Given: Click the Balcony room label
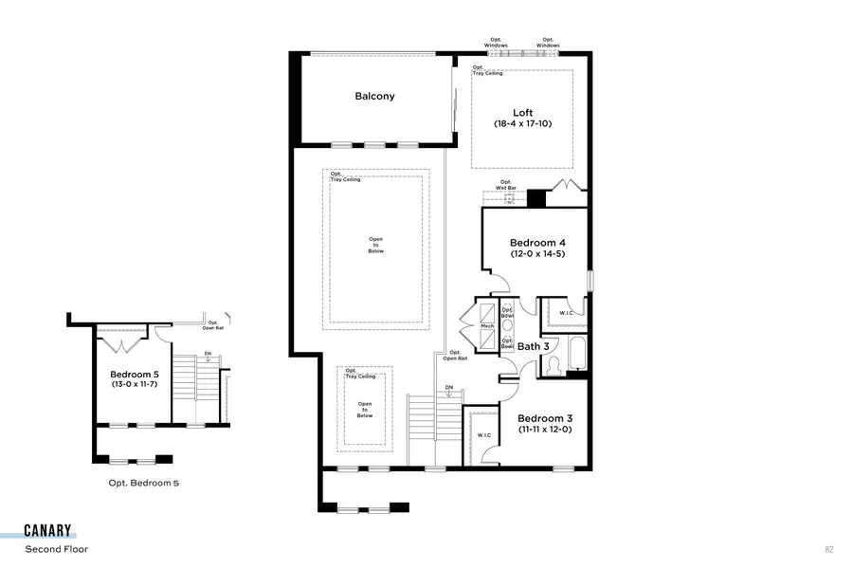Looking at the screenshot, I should click(374, 96).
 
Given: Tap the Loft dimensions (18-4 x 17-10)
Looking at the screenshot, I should click(522, 124).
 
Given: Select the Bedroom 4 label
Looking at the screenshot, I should click(537, 241).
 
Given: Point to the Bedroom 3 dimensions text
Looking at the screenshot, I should click(545, 430).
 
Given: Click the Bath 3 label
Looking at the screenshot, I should click(533, 347).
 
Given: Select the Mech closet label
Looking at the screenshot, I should click(487, 326).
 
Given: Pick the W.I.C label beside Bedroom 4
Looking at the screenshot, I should click(567, 313).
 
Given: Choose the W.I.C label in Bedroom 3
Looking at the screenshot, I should click(483, 435).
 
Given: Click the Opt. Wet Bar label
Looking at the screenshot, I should click(506, 185).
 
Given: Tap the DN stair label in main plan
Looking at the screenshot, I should click(450, 387).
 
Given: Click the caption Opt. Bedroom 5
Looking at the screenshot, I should click(143, 483).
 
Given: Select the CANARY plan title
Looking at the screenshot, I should click(48, 531).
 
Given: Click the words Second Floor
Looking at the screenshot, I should click(56, 548).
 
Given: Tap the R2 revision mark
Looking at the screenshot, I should click(830, 549).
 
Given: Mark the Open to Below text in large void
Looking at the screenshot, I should click(376, 247).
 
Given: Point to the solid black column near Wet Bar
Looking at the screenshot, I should click(536, 198).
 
